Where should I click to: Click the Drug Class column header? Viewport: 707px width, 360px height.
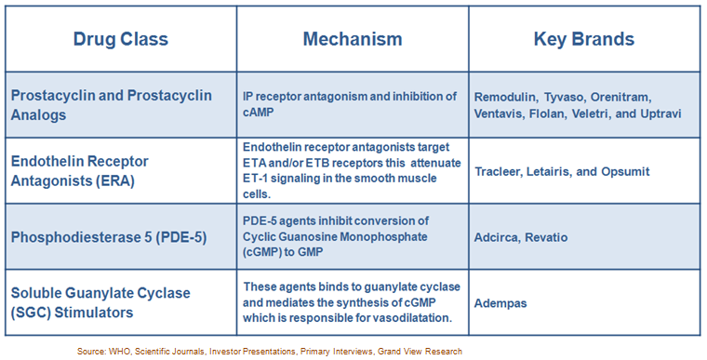(120, 39)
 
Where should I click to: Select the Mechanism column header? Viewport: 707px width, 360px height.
(352, 39)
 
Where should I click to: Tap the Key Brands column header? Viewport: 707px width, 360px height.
(583, 39)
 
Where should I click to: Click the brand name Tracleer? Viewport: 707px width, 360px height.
(502, 171)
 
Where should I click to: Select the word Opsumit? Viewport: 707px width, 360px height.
(624, 171)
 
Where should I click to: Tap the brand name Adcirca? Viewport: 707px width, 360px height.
(500, 237)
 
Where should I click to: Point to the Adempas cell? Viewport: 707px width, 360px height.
(503, 302)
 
